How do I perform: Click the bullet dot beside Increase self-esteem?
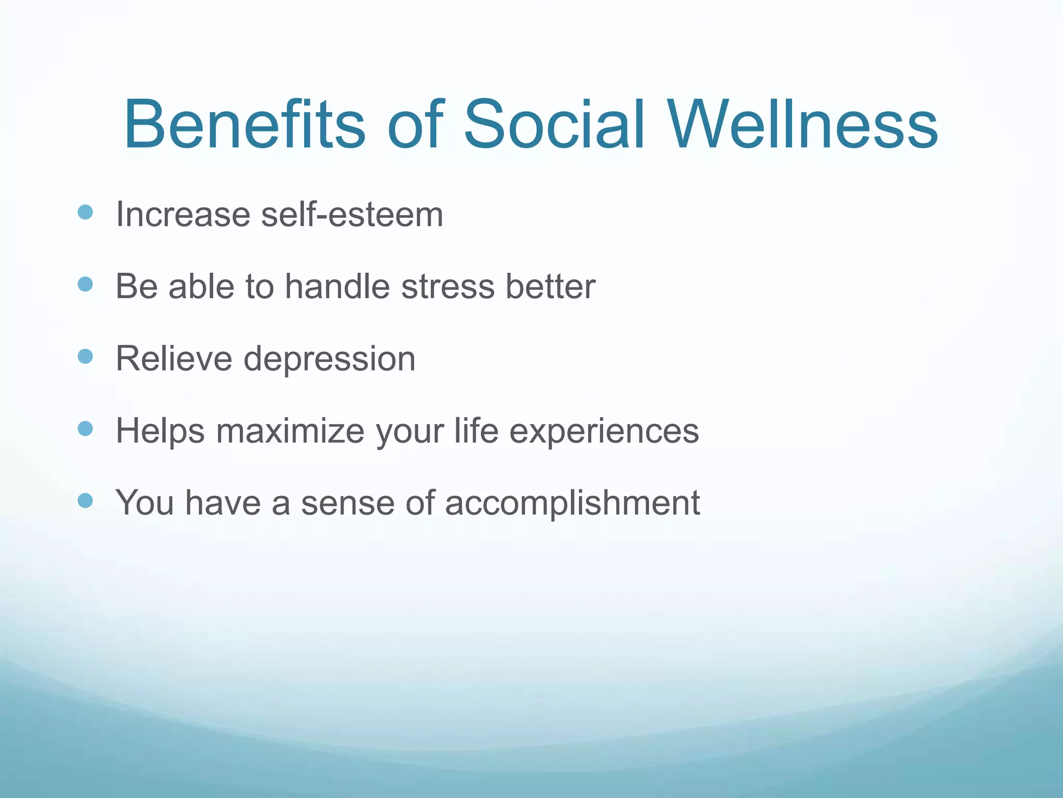(85, 212)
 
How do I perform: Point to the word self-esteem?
(352, 214)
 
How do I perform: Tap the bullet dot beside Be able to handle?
(85, 284)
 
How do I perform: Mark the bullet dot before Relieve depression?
(85, 356)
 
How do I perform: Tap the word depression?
(330, 360)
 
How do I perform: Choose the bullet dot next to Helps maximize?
(85, 429)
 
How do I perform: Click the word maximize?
(290, 431)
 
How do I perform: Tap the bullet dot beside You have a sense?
(85, 501)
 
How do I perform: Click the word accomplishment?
(572, 503)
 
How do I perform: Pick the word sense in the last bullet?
(347, 503)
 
